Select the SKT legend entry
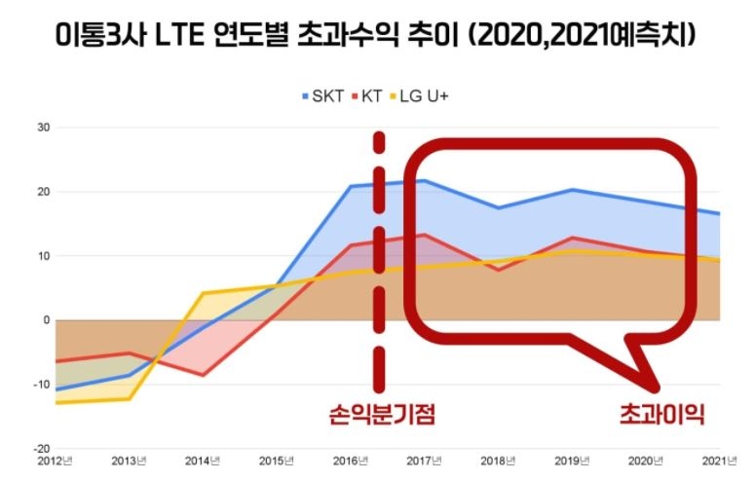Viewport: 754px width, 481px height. click(x=322, y=97)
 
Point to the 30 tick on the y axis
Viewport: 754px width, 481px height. click(x=43, y=128)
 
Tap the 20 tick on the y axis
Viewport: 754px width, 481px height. click(x=43, y=192)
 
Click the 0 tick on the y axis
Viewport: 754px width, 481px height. click(x=45, y=320)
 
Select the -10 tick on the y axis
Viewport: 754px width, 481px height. click(x=41, y=385)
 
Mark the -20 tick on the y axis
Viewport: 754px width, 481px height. click(x=41, y=449)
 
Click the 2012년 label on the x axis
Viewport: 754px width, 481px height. click(x=56, y=462)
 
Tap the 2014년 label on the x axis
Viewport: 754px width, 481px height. click(x=201, y=462)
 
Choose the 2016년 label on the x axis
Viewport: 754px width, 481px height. click(x=348, y=462)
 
